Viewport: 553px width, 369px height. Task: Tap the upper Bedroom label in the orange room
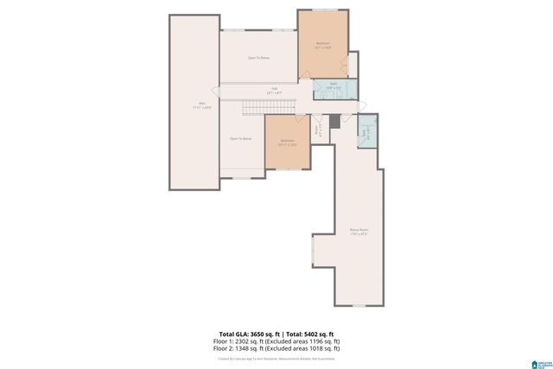point(323,45)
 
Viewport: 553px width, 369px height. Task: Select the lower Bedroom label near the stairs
point(287,142)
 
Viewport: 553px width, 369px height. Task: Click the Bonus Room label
point(359,232)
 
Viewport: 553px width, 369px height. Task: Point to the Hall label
point(274,90)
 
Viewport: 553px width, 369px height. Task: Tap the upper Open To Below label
point(259,58)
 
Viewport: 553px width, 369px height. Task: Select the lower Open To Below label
point(240,138)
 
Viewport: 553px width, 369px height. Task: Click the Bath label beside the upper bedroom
point(332,86)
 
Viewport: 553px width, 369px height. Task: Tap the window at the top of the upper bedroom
point(324,10)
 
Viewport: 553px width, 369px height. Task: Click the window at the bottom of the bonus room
point(359,305)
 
